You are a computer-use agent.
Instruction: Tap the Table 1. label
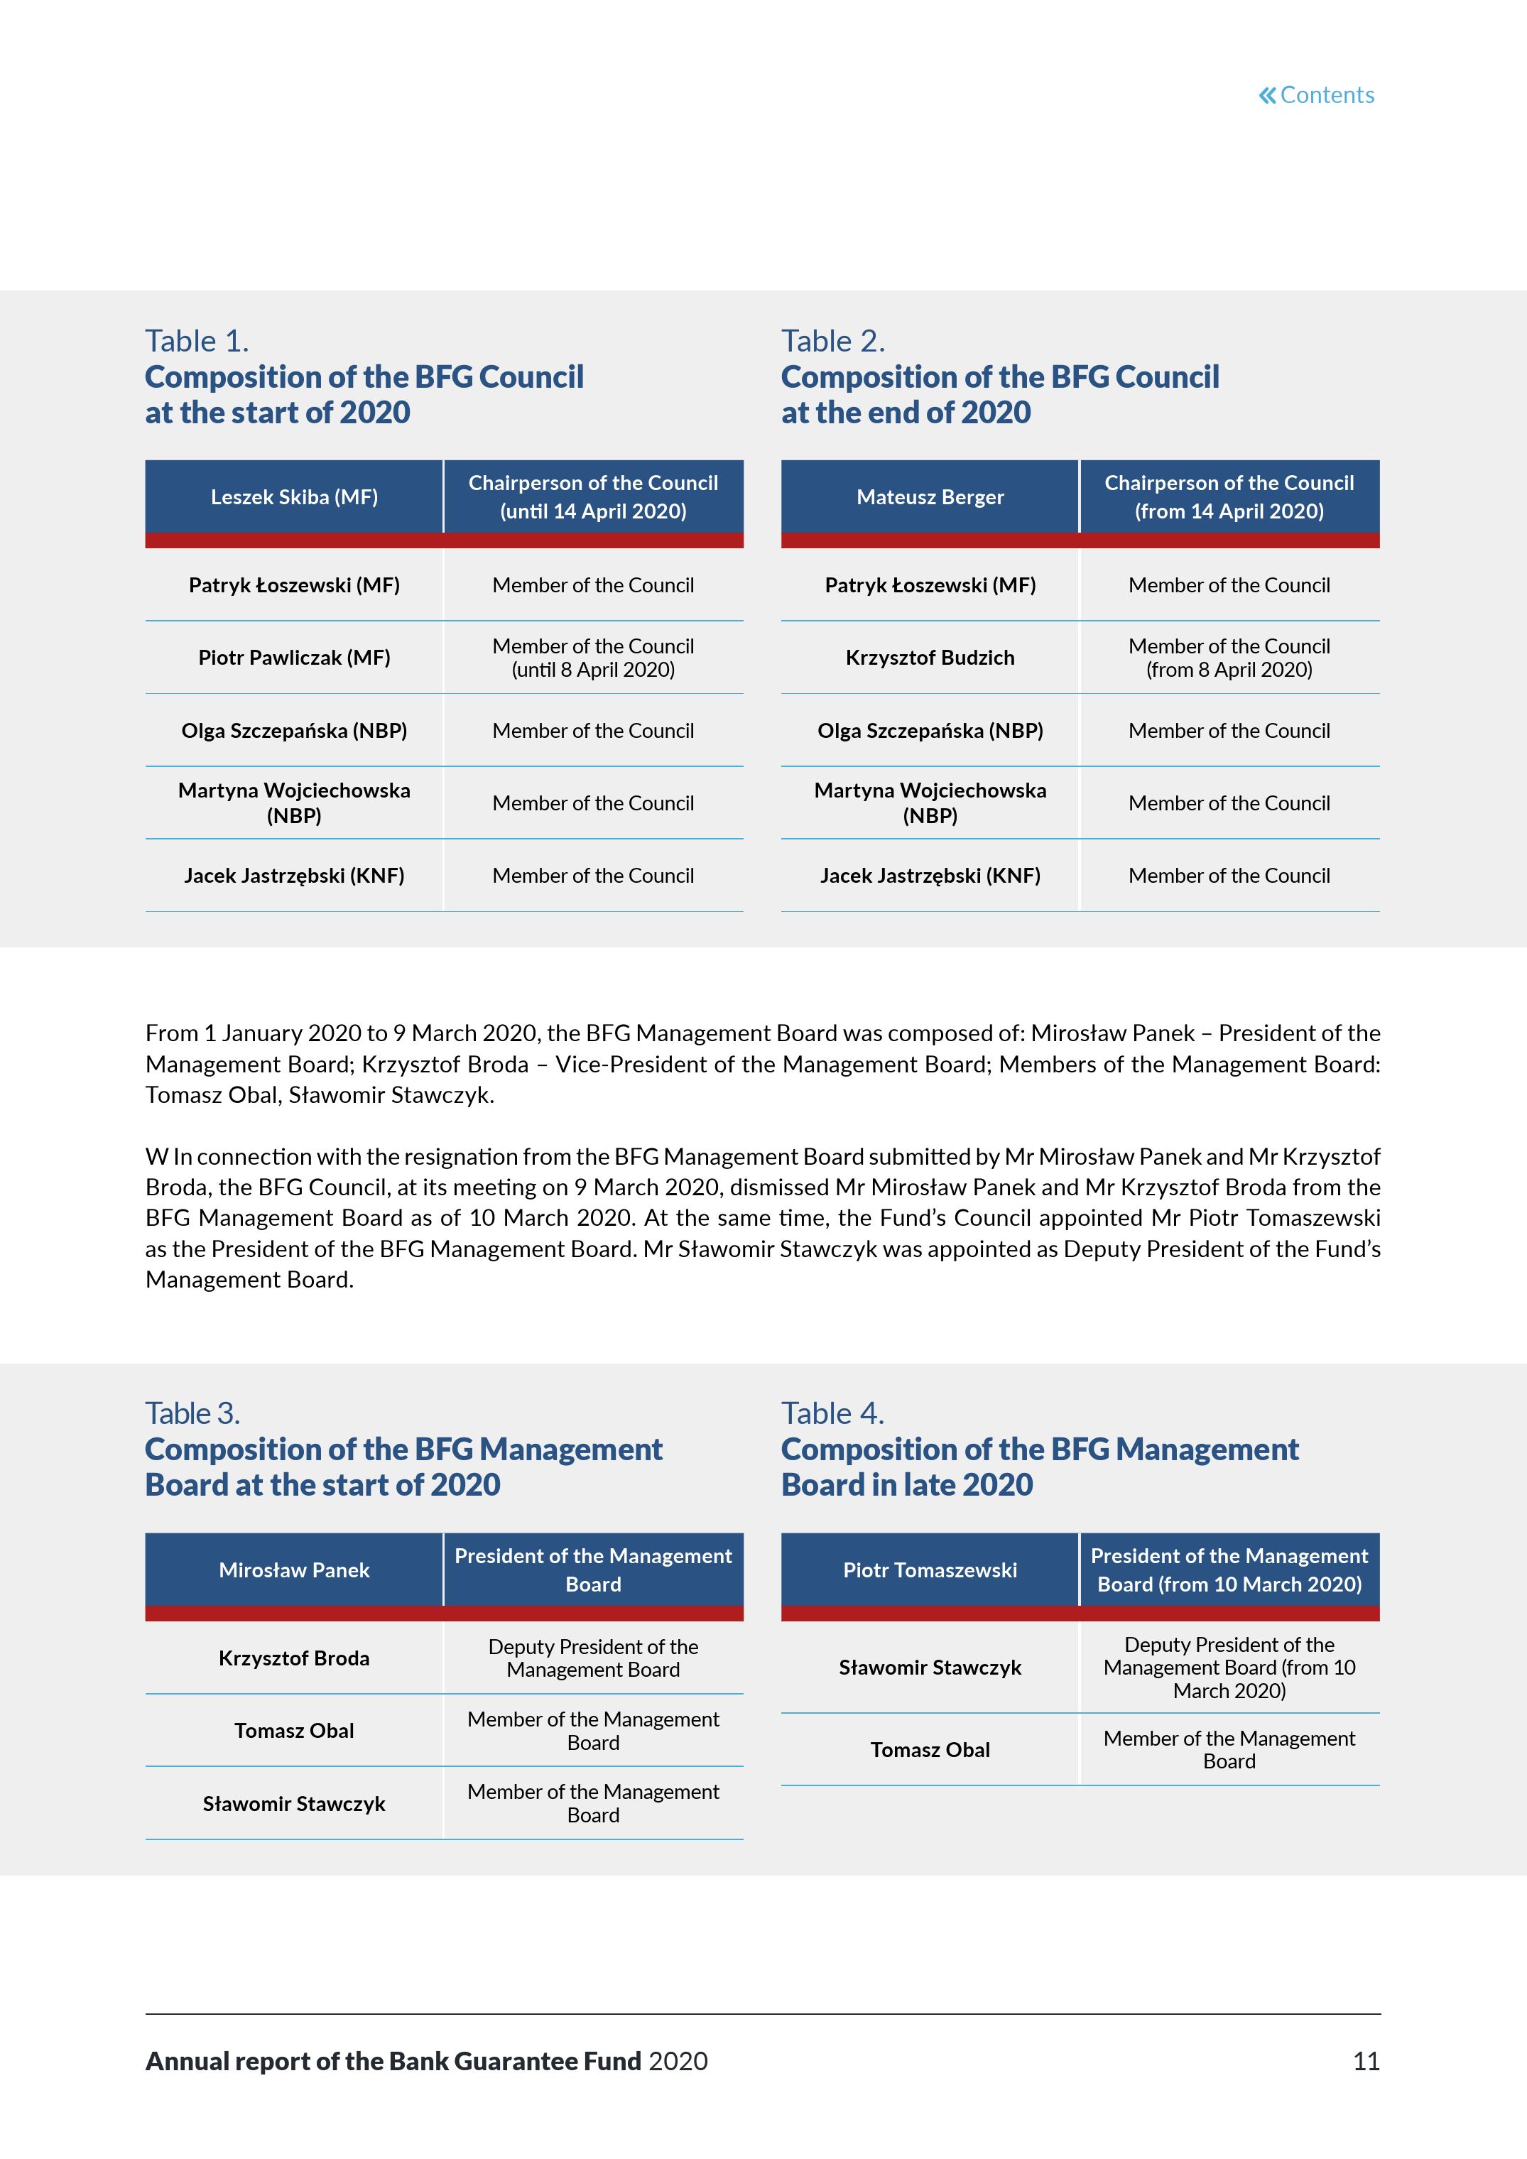[x=197, y=340]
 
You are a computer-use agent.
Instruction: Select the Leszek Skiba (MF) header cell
[x=294, y=496]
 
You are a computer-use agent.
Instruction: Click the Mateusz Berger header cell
[x=930, y=496]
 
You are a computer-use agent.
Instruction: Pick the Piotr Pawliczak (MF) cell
[x=294, y=658]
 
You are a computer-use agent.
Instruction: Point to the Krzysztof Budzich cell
[x=930, y=658]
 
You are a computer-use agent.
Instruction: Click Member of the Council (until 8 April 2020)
[x=593, y=658]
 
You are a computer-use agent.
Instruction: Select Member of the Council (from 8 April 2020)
[x=1229, y=658]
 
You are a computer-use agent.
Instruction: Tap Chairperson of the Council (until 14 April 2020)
[x=593, y=496]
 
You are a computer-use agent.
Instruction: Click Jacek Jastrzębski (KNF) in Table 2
[x=930, y=876]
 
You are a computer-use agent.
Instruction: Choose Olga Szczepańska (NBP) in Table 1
[x=294, y=731]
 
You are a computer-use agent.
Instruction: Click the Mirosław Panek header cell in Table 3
[x=294, y=1570]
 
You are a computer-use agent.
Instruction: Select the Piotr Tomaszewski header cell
[x=930, y=1570]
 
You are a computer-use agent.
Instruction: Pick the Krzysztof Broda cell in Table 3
[x=294, y=1658]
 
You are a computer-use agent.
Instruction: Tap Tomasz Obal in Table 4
[x=930, y=1749]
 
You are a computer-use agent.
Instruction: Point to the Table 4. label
[x=832, y=1413]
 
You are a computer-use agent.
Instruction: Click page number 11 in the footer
[x=1365, y=2061]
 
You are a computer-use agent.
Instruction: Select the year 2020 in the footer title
[x=678, y=2061]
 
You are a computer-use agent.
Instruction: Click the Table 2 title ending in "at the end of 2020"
[x=999, y=394]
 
